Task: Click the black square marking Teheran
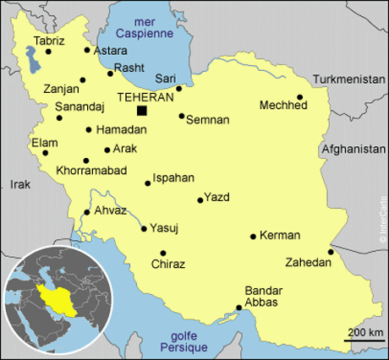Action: pos(141,111)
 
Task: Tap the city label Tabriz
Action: pos(48,39)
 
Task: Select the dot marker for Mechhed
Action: pos(299,97)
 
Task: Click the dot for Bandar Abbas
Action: pos(238,308)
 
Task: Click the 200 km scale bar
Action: pos(364,340)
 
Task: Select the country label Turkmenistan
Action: pos(349,79)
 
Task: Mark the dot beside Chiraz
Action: pos(162,253)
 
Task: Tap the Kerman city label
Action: pos(280,235)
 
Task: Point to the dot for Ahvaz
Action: pos(86,212)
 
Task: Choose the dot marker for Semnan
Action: pos(181,116)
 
